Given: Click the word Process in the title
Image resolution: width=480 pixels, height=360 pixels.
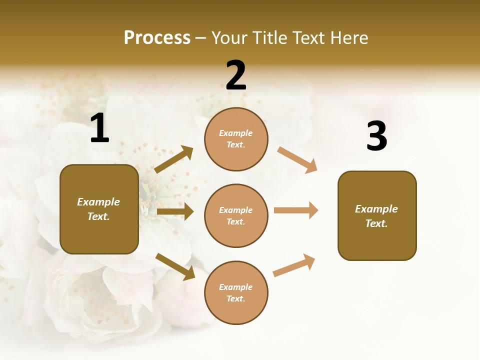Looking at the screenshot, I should click(x=157, y=37).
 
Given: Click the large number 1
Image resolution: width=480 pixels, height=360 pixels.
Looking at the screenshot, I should click(x=99, y=128).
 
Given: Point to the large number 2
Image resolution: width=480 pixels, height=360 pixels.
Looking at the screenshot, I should click(x=236, y=75).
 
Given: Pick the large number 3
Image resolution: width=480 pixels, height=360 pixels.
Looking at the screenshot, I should click(x=376, y=136).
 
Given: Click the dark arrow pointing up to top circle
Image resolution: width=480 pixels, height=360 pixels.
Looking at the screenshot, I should click(x=173, y=159).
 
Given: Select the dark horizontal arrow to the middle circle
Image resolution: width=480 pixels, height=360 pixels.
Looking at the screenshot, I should click(x=175, y=211).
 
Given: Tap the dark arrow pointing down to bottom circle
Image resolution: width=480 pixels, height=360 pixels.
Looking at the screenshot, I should click(x=175, y=266).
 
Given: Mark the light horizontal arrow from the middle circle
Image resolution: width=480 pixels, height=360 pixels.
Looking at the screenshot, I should click(x=296, y=210).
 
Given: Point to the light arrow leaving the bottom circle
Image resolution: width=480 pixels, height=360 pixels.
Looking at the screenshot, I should click(x=294, y=265).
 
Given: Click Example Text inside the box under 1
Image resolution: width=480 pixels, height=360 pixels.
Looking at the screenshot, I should click(x=98, y=209).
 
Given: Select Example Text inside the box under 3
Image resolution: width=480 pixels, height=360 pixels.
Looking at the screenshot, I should click(x=376, y=216).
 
